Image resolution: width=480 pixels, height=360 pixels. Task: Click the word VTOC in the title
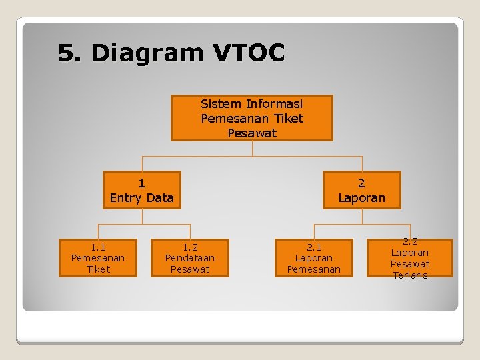pos(251,53)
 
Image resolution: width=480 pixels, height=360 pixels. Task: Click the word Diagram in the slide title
pos(144,53)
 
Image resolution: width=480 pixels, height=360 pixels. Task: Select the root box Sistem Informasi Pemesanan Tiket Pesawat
pos(251,118)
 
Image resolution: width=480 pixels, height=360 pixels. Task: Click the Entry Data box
pos(141,190)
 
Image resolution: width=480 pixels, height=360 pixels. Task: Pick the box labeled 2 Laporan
pos(361,190)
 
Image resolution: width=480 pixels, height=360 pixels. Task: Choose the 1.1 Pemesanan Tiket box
pos(98,257)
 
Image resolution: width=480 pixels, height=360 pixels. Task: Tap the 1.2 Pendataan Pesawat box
pos(190,257)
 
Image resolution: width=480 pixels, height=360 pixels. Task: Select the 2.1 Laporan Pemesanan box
pos(313,257)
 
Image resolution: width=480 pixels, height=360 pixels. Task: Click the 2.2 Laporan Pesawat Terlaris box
pos(410,258)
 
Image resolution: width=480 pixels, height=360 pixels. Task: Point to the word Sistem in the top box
pos(221,104)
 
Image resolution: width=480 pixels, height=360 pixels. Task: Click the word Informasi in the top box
pos(274,104)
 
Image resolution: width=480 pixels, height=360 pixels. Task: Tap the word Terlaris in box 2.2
pos(410,275)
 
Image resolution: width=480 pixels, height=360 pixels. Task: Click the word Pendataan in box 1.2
pos(190,258)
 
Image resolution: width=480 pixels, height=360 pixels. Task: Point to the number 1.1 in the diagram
pos(98,247)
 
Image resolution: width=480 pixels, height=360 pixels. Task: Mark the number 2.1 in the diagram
pos(313,247)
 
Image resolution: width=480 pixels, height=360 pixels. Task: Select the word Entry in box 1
pos(125,198)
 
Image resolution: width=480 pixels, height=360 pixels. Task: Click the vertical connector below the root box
pos(252,149)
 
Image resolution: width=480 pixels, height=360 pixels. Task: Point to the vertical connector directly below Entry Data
pos(142,215)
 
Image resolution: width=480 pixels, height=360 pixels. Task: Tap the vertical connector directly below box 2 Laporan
pos(361,215)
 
